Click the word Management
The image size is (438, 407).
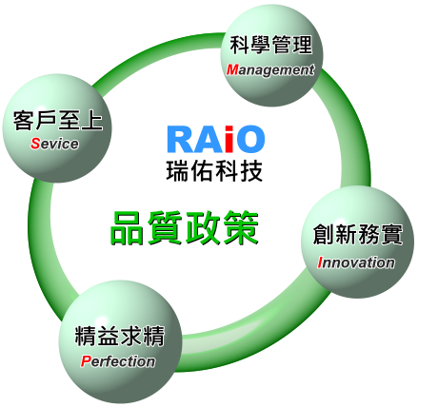tap(270, 70)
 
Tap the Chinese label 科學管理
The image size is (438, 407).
tap(271, 45)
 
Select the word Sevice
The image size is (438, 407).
tap(54, 144)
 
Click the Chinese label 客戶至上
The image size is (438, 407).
tap(58, 121)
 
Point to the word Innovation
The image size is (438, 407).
tap(356, 262)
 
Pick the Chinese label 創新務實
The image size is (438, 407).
tap(358, 234)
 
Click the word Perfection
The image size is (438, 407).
tap(118, 361)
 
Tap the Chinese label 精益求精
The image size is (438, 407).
tap(120, 336)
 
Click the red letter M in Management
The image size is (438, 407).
tap(232, 70)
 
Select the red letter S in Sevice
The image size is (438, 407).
tap(35, 144)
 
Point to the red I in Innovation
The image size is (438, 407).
tap(321, 262)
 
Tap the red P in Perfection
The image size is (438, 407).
tap(85, 361)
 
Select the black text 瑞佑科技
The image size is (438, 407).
tap(214, 171)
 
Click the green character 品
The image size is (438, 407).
tap(127, 228)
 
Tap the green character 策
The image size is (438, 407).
tap(241, 228)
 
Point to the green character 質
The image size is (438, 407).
tap(165, 228)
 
